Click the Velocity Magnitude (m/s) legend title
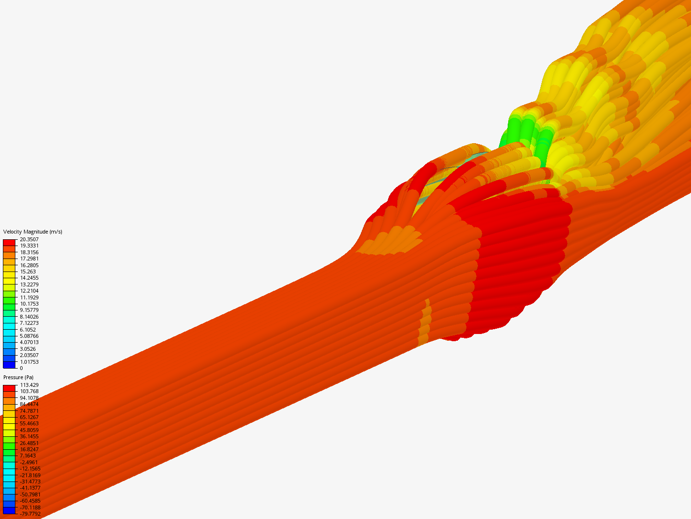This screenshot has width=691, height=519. coord(33,232)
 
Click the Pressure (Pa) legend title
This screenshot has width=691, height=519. coord(18,377)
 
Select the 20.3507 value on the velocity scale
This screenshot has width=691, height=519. coord(29,239)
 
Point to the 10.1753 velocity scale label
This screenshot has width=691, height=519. coord(29,304)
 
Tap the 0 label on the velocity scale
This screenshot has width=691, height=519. coord(22,368)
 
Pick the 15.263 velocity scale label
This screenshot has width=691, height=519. coord(28,272)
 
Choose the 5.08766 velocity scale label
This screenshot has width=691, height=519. coord(29,336)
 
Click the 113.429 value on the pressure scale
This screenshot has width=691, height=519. coord(29,385)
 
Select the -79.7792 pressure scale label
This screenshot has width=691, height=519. coord(30,514)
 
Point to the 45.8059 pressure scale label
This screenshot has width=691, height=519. coord(29,430)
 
